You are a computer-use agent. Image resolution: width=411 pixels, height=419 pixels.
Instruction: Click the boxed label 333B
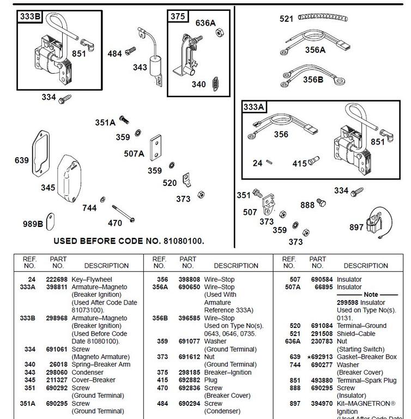point(30,16)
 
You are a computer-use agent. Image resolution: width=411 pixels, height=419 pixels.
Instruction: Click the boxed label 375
point(178,16)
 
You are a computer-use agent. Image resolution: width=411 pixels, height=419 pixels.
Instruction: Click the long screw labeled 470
point(123,213)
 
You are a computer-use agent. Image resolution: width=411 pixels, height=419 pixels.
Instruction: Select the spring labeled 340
point(215,84)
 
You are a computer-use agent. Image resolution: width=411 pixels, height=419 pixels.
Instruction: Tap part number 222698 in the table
point(57,279)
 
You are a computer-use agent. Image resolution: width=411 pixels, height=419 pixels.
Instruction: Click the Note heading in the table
point(371,295)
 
